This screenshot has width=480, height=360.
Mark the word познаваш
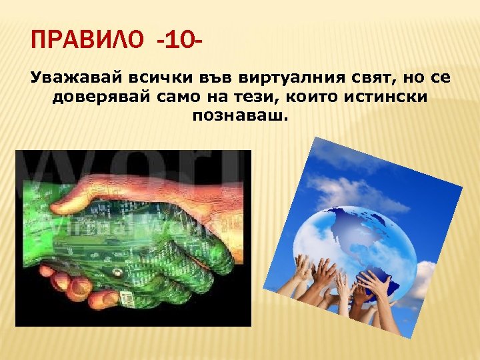tap(241, 116)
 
